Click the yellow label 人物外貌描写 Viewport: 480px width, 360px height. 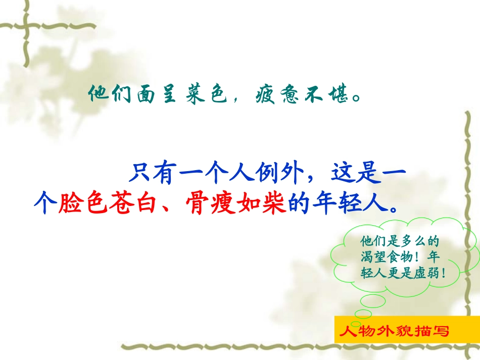[394, 331]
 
